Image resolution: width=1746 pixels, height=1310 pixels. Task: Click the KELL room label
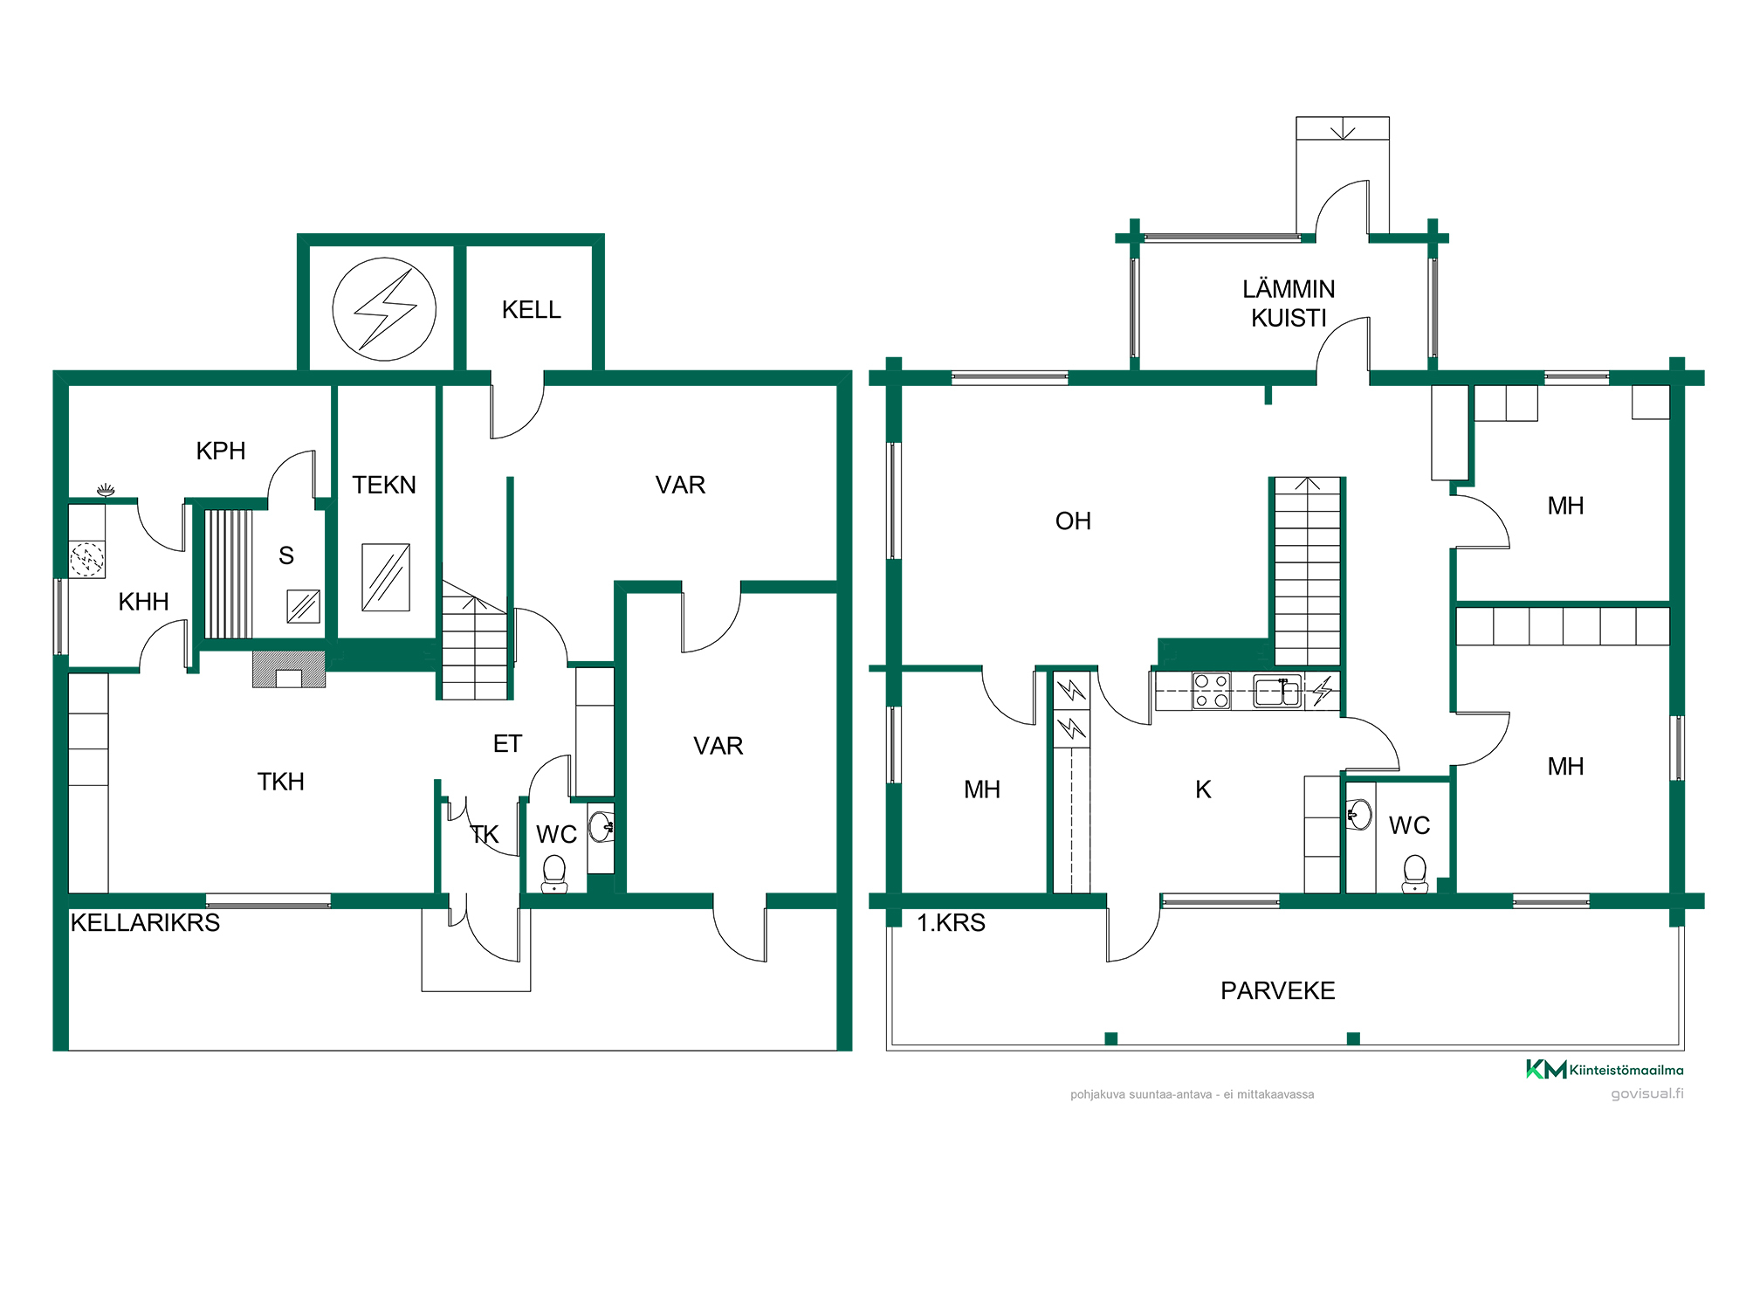click(531, 310)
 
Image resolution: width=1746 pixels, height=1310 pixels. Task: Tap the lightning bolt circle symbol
click(384, 309)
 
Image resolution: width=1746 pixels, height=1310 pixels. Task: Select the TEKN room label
click(384, 485)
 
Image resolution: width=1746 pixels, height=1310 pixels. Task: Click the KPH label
click(221, 451)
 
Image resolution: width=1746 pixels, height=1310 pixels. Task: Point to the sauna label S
click(286, 555)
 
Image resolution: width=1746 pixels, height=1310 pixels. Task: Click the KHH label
click(143, 602)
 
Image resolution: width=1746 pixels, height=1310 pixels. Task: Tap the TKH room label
click(281, 782)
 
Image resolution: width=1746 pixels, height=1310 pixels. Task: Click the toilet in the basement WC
click(554, 873)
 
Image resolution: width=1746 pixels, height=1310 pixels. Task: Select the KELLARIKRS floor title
click(145, 923)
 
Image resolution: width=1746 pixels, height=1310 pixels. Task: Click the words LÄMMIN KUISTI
click(1289, 303)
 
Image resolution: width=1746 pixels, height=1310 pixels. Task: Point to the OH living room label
click(1073, 521)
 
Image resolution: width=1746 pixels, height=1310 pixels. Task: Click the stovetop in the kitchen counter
click(1212, 691)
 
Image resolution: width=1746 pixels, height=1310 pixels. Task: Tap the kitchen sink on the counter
click(1278, 691)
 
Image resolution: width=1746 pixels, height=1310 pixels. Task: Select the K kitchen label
click(1203, 789)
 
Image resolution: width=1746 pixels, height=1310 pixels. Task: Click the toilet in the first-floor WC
click(1415, 873)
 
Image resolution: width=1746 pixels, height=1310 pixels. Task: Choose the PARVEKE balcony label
click(1278, 990)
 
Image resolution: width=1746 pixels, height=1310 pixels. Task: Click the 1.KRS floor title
click(951, 923)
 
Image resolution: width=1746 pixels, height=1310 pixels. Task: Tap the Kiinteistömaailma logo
click(1605, 1069)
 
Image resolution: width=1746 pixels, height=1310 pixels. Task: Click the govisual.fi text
click(1647, 1093)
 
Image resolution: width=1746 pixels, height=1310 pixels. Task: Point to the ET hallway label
click(507, 744)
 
